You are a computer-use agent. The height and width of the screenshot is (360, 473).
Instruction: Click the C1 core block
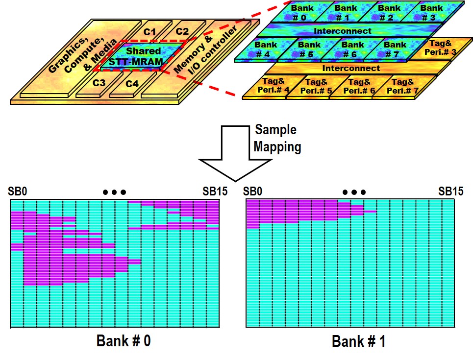[149, 32]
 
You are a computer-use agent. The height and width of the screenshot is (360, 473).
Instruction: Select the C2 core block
[182, 32]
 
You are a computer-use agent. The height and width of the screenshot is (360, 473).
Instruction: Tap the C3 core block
[100, 82]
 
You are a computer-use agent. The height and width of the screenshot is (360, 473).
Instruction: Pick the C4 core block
[132, 84]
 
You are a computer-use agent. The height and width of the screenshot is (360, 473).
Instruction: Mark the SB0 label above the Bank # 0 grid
[18, 191]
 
